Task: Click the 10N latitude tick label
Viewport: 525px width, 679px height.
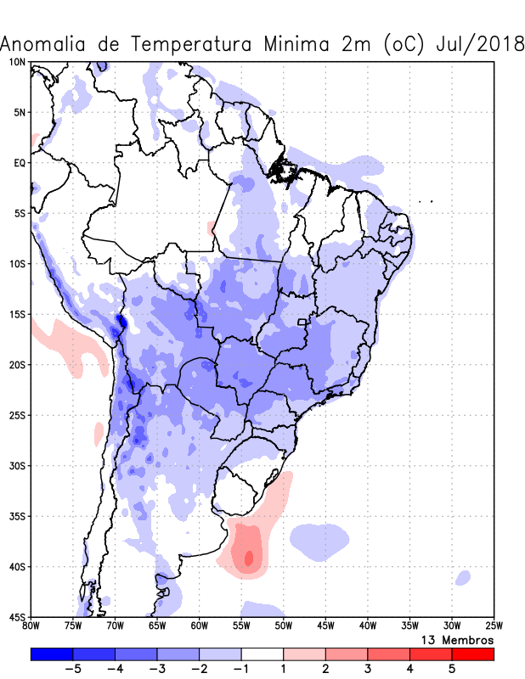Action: (x=17, y=62)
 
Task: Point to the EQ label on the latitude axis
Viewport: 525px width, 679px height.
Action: (x=19, y=162)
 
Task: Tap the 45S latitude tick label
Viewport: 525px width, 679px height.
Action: (x=17, y=617)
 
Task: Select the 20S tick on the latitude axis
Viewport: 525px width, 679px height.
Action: (x=17, y=365)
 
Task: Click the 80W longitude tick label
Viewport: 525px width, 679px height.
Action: (x=31, y=626)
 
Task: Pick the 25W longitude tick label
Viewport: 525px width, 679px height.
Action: (x=493, y=626)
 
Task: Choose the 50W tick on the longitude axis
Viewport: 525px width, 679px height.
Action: (x=283, y=626)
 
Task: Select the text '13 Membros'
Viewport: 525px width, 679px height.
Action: (x=457, y=639)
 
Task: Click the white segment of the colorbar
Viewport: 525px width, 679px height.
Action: (x=262, y=654)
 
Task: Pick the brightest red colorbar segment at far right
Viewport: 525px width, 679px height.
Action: (x=472, y=654)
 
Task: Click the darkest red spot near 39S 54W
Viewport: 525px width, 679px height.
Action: (x=248, y=558)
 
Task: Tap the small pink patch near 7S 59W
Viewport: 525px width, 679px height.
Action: (x=211, y=228)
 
